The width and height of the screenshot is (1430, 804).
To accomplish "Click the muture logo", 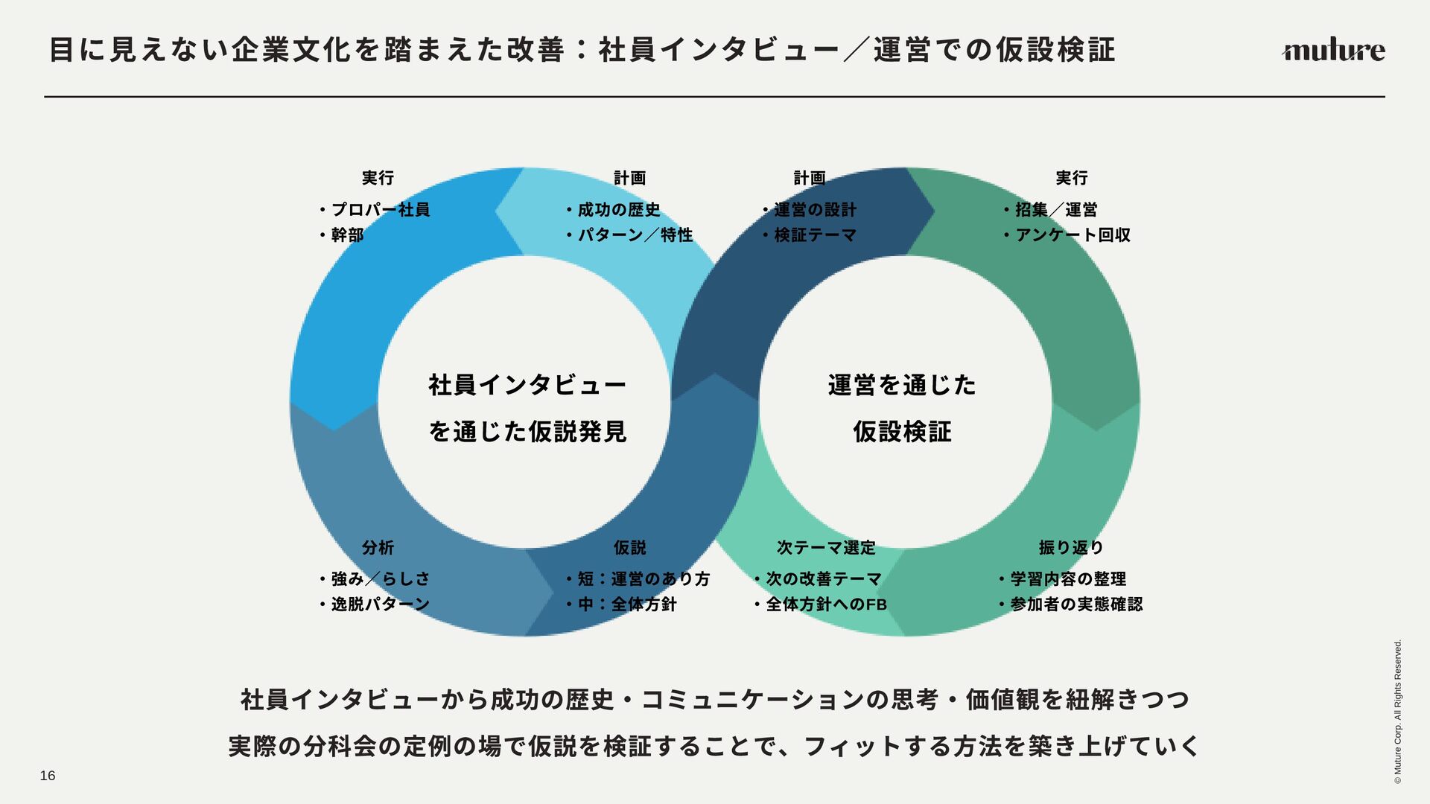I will [1332, 51].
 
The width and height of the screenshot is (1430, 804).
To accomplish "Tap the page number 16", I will [48, 776].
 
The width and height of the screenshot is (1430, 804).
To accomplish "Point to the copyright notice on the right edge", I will [1398, 711].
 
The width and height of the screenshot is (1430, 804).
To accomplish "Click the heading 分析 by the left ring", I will [378, 548].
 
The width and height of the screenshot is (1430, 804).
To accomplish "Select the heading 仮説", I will [629, 548].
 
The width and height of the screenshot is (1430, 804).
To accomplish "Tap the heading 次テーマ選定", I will [826, 548].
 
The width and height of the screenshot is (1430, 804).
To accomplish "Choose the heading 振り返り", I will [1071, 548].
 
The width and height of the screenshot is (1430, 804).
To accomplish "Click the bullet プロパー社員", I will [380, 210].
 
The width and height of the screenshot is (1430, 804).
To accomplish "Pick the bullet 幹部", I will [347, 235].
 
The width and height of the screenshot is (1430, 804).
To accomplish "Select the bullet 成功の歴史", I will [619, 210].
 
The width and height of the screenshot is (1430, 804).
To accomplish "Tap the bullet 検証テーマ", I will [815, 235].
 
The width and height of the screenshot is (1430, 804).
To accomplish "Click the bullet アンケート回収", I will [1072, 235].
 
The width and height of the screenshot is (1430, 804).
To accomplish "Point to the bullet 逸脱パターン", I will [380, 604].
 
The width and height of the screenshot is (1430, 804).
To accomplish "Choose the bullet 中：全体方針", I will [627, 604].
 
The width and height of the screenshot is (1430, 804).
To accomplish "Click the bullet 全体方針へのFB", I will [826, 604].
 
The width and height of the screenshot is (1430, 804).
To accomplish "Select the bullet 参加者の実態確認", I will [1075, 604].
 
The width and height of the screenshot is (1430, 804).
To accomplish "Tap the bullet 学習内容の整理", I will [1067, 579].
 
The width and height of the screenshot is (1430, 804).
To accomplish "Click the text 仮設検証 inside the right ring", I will [902, 432].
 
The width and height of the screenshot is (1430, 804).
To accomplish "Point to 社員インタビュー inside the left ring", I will [527, 386].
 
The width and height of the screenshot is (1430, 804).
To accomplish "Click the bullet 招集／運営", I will [1055, 210].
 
